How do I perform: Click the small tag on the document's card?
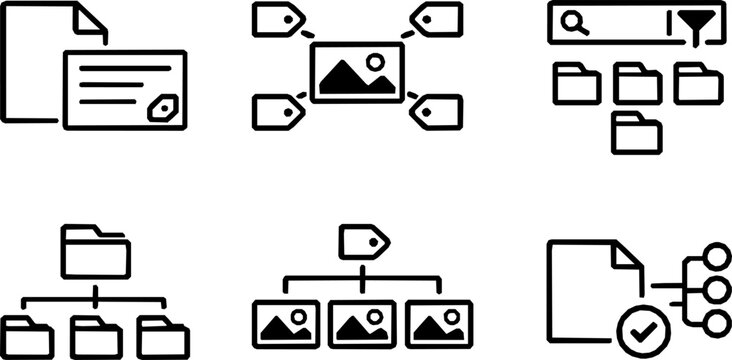point(160,109)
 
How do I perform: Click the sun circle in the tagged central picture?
point(375,62)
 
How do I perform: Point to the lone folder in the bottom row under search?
point(637,132)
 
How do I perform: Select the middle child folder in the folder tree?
point(96,336)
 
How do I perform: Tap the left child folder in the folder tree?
point(29,336)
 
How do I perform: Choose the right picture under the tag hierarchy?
point(436,322)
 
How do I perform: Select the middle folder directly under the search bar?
point(637,82)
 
